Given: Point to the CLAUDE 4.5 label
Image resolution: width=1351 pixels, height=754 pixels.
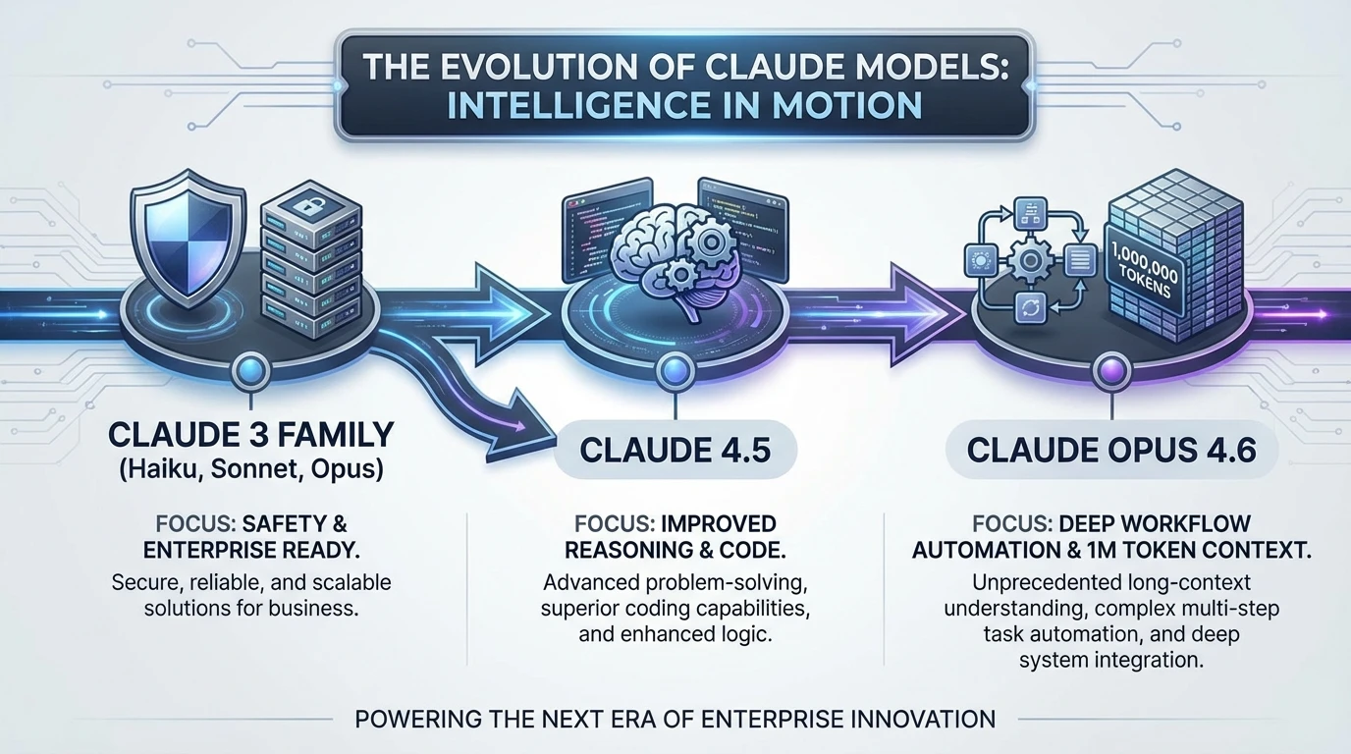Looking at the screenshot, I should pos(675,450).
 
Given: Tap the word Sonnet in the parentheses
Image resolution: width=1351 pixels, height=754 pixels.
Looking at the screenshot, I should pos(249,469).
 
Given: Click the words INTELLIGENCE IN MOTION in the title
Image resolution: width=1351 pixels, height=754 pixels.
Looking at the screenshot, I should pos(683,104).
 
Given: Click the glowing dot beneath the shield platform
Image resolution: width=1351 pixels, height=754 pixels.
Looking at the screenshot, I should pos(246,372).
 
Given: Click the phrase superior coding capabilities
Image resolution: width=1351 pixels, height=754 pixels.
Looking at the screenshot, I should pos(675,608).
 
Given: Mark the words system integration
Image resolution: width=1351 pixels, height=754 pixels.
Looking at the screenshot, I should pos(1110,660).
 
